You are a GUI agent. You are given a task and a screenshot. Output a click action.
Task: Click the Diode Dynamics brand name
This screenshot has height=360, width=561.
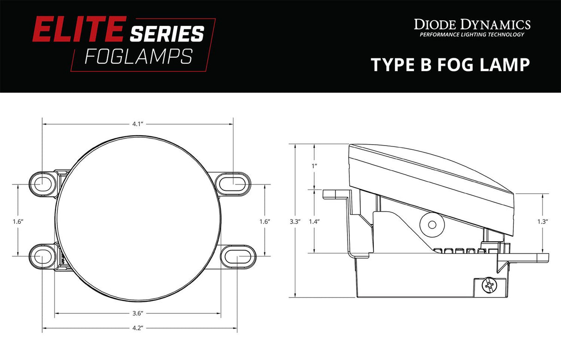[472, 24]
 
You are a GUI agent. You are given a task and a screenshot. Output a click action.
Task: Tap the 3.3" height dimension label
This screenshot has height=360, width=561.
[295, 221]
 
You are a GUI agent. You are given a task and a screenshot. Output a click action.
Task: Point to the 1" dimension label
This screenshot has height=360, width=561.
[314, 165]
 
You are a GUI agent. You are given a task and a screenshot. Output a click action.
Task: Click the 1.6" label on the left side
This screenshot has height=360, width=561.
[18, 221]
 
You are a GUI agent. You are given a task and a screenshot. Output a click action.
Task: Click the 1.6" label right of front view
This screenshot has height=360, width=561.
[265, 221]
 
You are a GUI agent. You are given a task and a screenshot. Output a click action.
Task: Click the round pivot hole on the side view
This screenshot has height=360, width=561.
[432, 225]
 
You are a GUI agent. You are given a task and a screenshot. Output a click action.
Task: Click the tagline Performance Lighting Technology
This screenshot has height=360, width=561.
[472, 35]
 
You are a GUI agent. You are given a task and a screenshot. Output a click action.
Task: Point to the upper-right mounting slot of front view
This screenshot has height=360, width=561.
[235, 181]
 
